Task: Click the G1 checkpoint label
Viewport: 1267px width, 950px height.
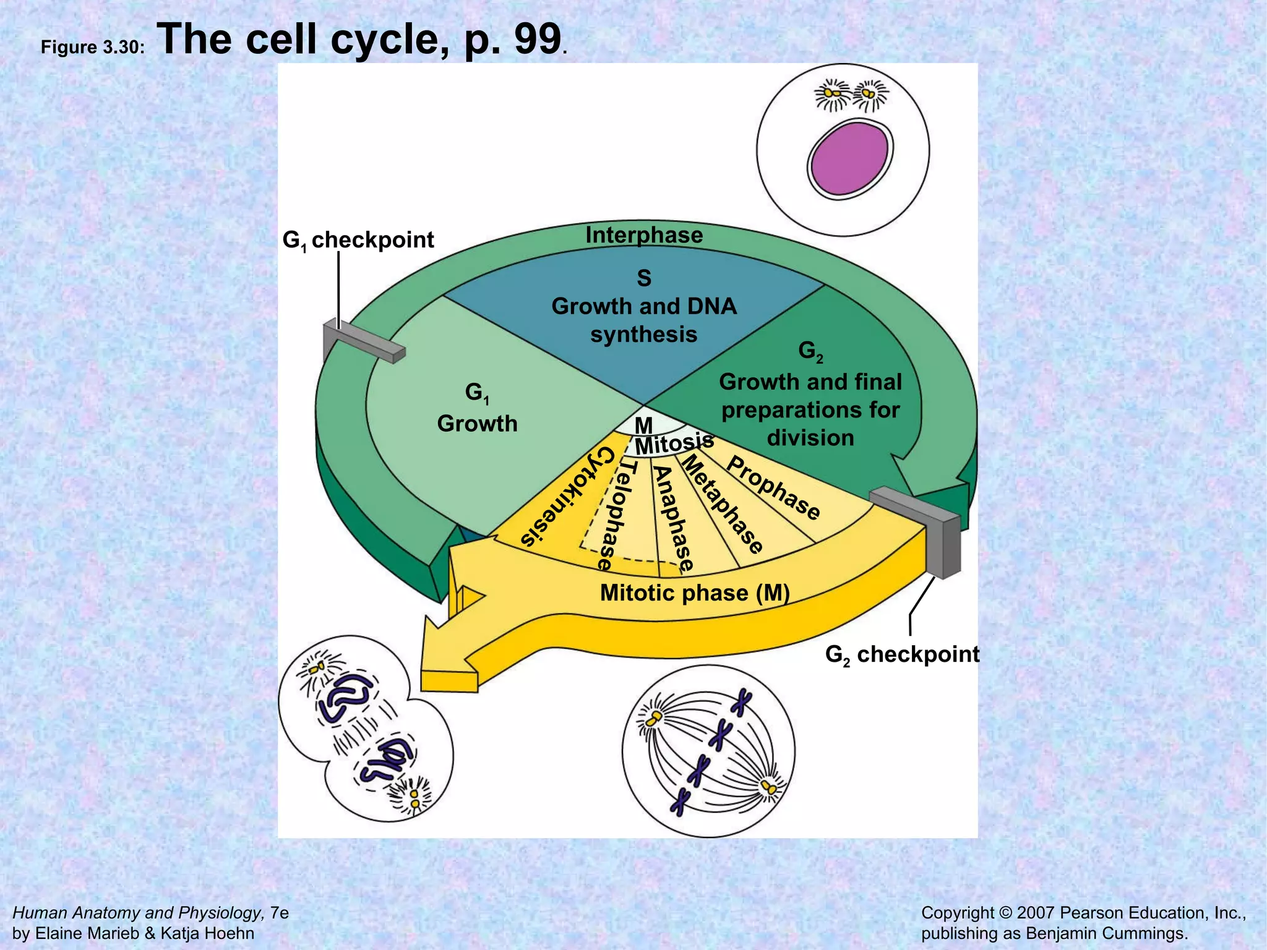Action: pyautogui.click(x=358, y=240)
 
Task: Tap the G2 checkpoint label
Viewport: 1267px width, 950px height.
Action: pyautogui.click(x=902, y=654)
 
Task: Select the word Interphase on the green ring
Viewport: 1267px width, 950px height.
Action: pyautogui.click(x=644, y=235)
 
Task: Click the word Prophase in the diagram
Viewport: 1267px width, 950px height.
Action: pyautogui.click(x=773, y=488)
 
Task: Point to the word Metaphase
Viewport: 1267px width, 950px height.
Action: pyautogui.click(x=722, y=503)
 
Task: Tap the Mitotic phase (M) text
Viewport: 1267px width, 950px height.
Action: pyautogui.click(x=695, y=593)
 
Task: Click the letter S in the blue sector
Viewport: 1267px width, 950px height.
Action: pyautogui.click(x=644, y=278)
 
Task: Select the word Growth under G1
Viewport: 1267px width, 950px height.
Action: pyautogui.click(x=477, y=424)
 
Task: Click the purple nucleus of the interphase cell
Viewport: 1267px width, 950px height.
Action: pyautogui.click(x=849, y=158)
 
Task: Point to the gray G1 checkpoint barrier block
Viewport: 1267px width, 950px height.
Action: pyautogui.click(x=365, y=341)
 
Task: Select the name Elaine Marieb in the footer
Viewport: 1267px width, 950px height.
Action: pyautogui.click(x=87, y=933)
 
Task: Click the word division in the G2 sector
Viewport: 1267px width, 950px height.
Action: pyautogui.click(x=810, y=438)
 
